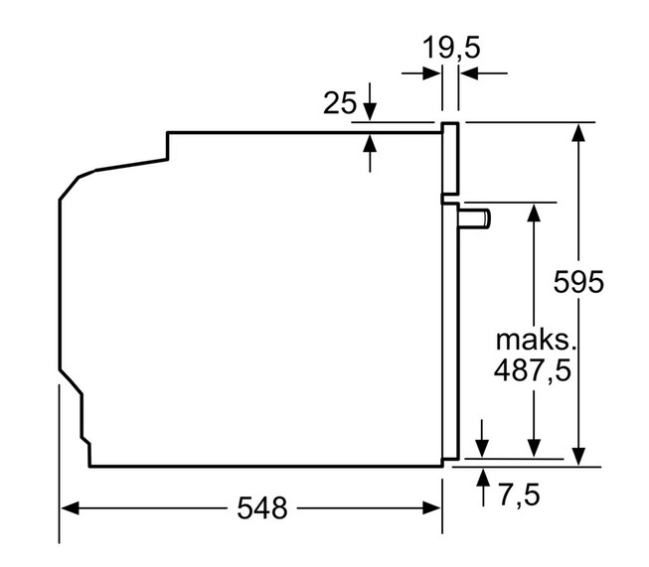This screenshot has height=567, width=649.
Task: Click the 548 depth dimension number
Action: point(262,507)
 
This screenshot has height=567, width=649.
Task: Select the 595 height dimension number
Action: point(578,282)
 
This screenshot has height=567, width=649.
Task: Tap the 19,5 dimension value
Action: point(451,48)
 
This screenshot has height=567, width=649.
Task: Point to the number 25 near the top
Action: point(339,102)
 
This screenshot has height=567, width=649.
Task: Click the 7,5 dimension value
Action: point(520,495)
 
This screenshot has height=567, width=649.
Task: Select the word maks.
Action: point(536,341)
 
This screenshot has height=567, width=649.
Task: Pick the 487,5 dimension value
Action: point(533,370)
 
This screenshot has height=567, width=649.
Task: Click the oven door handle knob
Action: point(474,218)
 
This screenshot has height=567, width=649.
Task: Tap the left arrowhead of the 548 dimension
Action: point(70,507)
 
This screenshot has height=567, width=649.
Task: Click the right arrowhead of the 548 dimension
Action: point(431,507)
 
